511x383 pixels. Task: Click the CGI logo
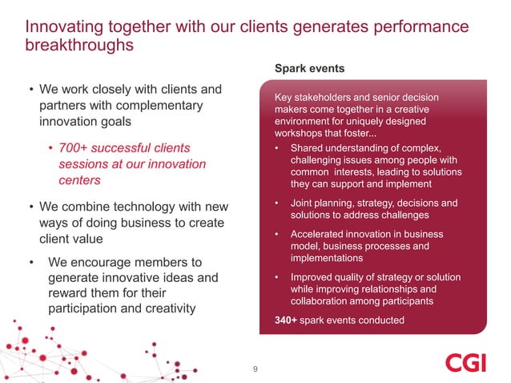[x=465, y=362]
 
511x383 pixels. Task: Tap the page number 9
[x=255, y=369]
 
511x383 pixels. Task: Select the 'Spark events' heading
[x=309, y=69]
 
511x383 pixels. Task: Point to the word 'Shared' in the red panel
[x=308, y=148]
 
